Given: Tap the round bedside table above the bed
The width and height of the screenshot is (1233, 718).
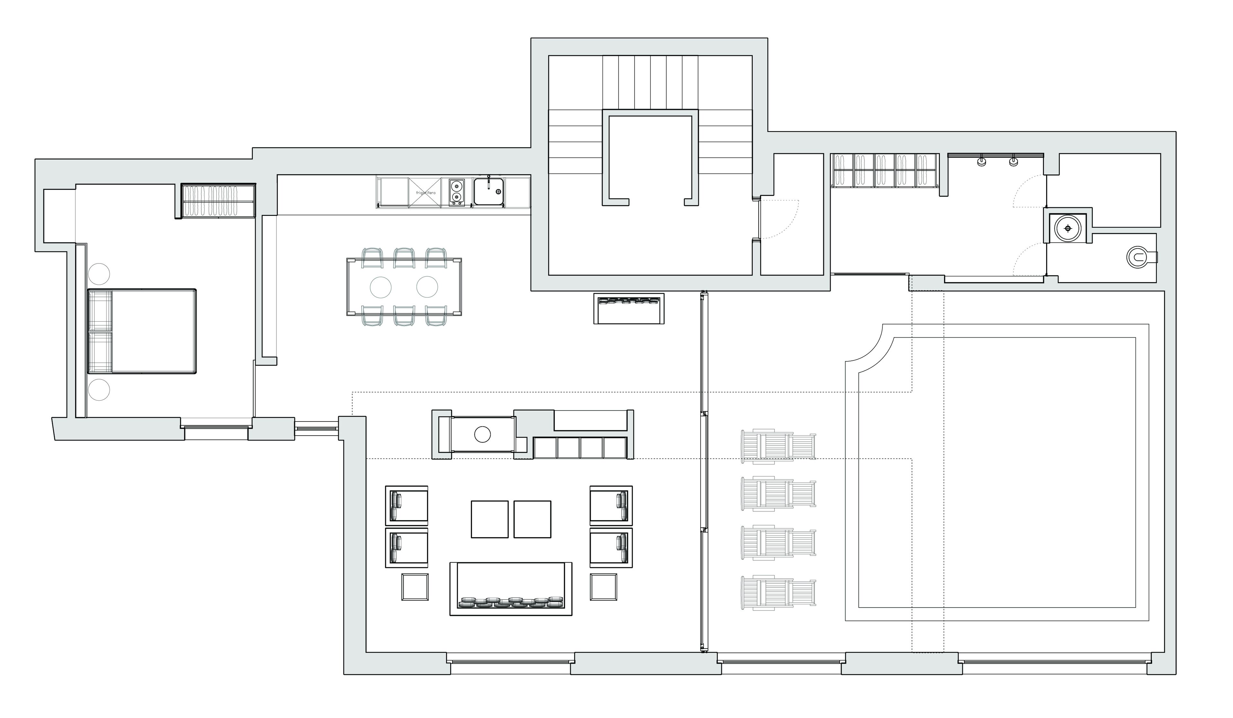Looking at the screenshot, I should point(99,274).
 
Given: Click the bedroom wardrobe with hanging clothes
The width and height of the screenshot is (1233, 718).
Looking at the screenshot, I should point(218,201).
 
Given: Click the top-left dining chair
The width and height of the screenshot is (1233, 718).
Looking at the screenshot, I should point(372,258).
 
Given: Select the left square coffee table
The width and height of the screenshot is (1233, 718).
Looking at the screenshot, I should point(489,519).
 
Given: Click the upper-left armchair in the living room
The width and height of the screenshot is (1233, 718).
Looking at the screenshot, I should point(407,506).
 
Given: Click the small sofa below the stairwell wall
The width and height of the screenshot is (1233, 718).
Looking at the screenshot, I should point(629,308).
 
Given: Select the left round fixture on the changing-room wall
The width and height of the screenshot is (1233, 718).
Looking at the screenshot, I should point(981,161).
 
